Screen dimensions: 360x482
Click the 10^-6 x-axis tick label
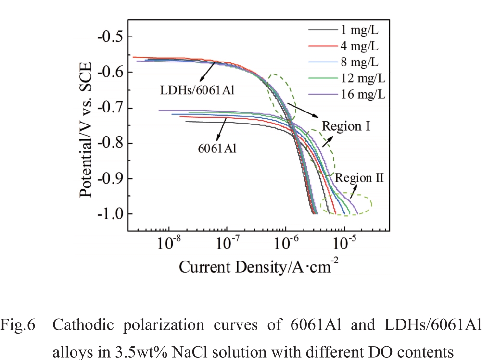point(286,244)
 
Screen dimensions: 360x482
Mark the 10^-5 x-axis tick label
point(344,244)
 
